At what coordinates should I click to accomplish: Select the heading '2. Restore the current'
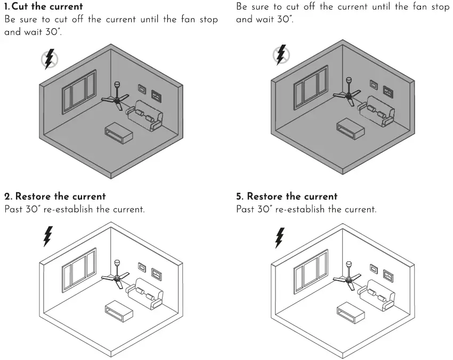[x=55, y=197]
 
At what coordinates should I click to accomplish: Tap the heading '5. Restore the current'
[x=287, y=197]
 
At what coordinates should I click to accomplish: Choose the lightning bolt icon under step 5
[x=279, y=237]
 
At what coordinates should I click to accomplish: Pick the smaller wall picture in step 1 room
[x=142, y=89]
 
